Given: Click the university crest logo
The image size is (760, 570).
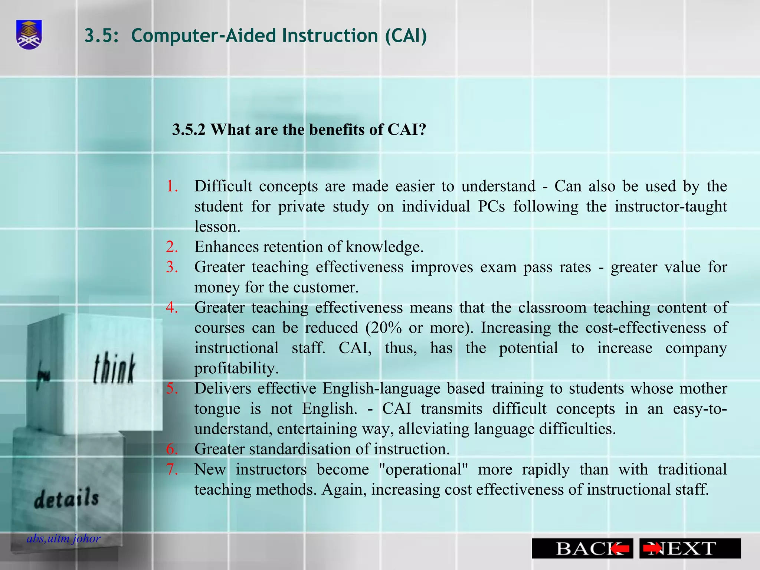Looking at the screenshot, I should click(29, 35).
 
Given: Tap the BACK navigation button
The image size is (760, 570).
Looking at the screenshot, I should click(582, 548).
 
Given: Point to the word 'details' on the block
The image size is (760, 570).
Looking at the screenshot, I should click(66, 498).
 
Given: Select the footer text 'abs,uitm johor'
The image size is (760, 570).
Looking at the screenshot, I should click(63, 538).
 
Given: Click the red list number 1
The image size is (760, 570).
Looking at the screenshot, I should click(172, 186).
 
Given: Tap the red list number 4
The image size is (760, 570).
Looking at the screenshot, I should click(172, 307).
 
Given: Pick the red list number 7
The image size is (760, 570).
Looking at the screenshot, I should click(172, 469).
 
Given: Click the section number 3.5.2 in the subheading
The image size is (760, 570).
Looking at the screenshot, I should click(189, 130).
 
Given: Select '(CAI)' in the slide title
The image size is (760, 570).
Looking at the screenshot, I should click(406, 36).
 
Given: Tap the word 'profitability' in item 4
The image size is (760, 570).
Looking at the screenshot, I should click(236, 368).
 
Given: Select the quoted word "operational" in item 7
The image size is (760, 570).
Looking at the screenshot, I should click(423, 469).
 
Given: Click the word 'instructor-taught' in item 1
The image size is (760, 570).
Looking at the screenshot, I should click(671, 206).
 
